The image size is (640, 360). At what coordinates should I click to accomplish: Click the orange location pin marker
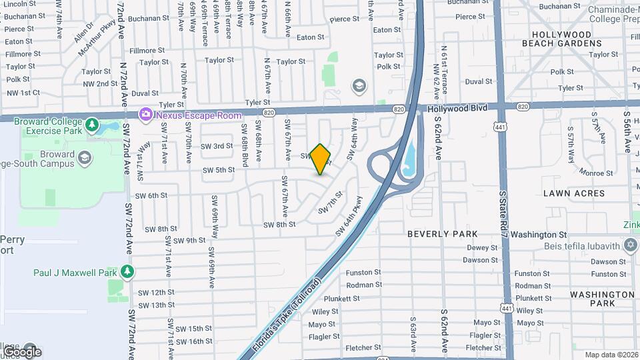point(321,159)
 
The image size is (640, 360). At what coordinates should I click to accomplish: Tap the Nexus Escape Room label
point(199,115)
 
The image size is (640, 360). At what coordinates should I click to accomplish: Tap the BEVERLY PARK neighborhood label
point(442,234)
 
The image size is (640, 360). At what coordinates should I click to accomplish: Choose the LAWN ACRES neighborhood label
point(573,193)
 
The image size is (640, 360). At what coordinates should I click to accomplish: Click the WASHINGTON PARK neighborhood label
point(593,299)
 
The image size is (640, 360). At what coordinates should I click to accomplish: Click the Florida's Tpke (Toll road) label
point(288,315)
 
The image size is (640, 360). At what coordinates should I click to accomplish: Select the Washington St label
point(539,235)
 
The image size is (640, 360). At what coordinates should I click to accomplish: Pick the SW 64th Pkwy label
point(350,215)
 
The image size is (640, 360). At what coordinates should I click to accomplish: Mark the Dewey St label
point(483,247)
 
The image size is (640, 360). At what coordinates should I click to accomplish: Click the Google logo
point(22,351)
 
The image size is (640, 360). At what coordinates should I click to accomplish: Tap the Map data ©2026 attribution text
point(611,355)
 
